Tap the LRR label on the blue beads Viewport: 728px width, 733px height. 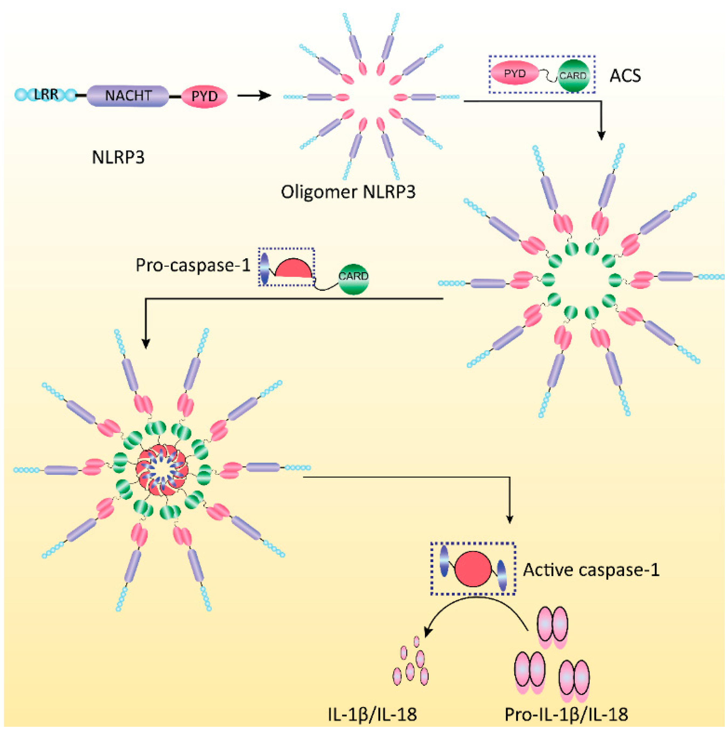tap(46, 94)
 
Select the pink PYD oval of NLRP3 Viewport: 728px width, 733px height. tap(204, 96)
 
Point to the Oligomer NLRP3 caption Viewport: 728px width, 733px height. tap(348, 192)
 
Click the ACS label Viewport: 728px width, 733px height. tap(625, 76)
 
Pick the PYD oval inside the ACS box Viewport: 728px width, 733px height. tap(515, 74)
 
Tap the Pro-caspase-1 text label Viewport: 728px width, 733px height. tap(193, 265)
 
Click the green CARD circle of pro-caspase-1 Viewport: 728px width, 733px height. tap(353, 276)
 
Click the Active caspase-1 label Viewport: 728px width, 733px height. tap(591, 570)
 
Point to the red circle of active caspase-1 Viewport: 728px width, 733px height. tap(473, 569)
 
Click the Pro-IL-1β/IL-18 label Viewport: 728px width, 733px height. tap(566, 714)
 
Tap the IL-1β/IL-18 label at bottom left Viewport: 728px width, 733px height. tap(372, 714)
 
